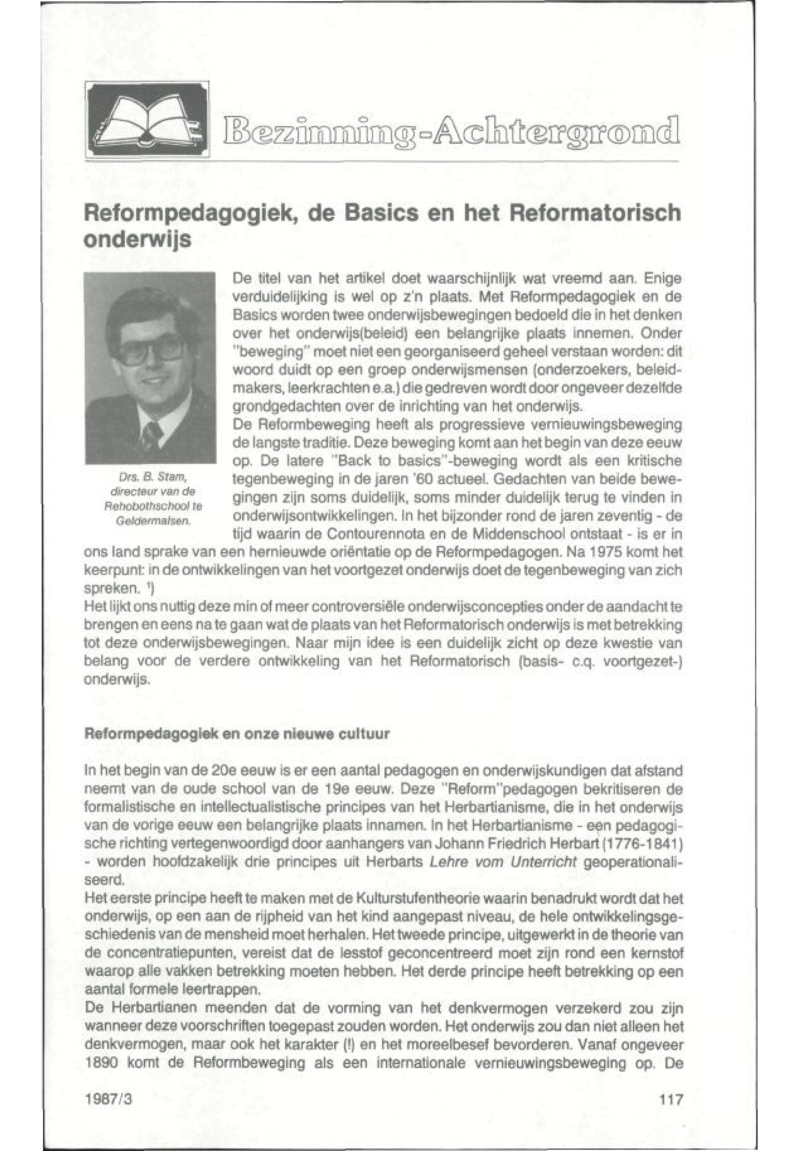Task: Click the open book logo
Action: tap(147, 119)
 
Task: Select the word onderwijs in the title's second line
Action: tap(137, 240)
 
